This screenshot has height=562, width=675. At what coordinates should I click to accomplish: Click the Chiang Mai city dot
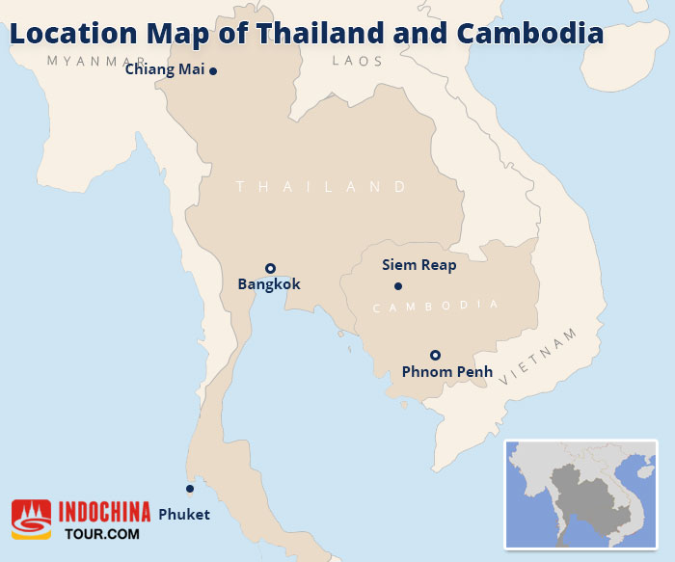(x=213, y=70)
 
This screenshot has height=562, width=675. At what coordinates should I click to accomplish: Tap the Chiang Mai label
(x=165, y=69)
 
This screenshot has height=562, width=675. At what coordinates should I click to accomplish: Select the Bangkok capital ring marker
(x=271, y=268)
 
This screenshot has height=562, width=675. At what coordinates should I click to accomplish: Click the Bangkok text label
(x=269, y=284)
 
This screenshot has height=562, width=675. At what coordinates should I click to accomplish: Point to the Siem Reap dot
(x=397, y=286)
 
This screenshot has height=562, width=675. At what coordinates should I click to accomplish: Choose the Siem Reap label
(x=418, y=264)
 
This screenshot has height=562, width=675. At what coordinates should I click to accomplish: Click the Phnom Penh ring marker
(x=435, y=354)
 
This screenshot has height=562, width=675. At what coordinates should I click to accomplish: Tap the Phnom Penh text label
(x=446, y=371)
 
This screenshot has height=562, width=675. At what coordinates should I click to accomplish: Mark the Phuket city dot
(x=190, y=488)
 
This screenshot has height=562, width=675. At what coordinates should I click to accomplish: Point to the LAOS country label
(x=357, y=61)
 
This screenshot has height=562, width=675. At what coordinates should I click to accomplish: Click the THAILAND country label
(x=322, y=186)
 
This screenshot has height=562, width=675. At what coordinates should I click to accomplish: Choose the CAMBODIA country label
(x=435, y=306)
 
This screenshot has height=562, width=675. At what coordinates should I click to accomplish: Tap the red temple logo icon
(x=31, y=519)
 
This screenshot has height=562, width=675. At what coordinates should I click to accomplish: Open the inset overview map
(x=580, y=495)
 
